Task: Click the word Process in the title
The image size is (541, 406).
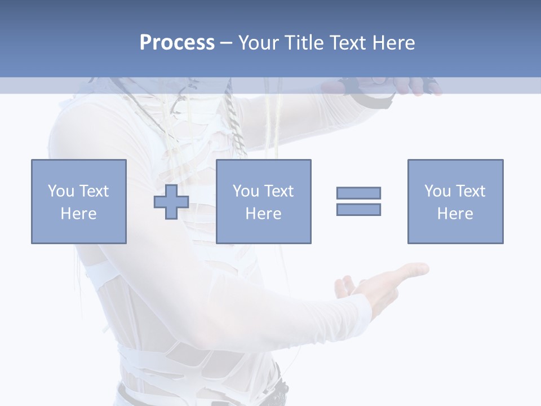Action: tap(177, 43)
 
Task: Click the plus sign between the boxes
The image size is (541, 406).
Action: tap(171, 202)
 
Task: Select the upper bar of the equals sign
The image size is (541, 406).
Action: tap(358, 193)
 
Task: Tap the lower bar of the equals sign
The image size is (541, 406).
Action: tap(358, 209)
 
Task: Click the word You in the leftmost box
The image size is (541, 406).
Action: tap(61, 191)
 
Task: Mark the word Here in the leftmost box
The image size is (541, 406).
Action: tap(78, 214)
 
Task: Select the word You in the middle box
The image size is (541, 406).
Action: tap(246, 191)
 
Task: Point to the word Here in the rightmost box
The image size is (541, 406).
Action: tap(455, 214)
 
